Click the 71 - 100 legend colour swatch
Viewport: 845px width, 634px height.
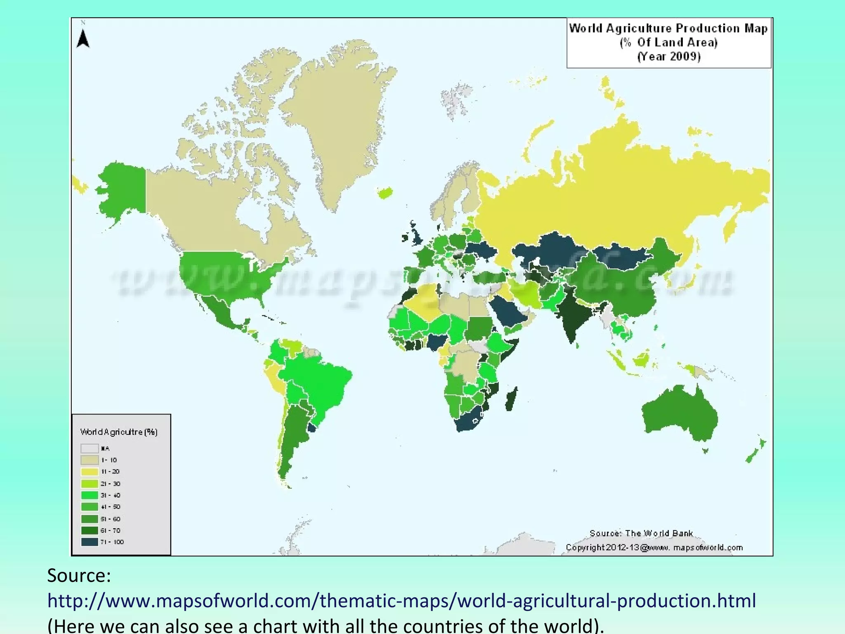[90, 542]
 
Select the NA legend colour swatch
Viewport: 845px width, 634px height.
[90, 448]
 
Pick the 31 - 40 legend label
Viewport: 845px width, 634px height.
[111, 495]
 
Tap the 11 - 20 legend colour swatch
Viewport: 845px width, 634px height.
[90, 472]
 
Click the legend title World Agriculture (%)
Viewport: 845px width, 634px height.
[119, 432]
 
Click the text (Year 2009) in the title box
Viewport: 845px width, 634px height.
[669, 57]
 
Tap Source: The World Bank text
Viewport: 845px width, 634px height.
[641, 533]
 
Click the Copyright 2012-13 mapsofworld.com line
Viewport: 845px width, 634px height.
[654, 548]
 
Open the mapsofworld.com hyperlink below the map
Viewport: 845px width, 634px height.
[401, 601]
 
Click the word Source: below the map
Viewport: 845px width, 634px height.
[79, 575]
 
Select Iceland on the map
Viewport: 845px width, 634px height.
[385, 192]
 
